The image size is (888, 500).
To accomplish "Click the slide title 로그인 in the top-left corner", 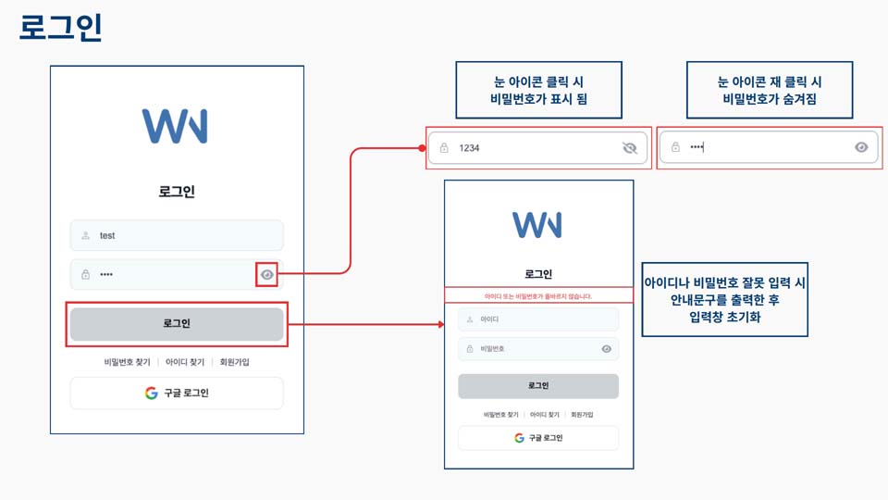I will (x=60, y=28).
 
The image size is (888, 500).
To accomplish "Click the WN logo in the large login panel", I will (x=175, y=126).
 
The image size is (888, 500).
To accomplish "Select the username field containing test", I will (x=177, y=235).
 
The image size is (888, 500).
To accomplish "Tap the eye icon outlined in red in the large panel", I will (x=267, y=274).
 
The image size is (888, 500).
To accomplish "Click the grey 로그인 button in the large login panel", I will (x=177, y=324).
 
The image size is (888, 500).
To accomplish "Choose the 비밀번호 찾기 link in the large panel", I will (x=127, y=362).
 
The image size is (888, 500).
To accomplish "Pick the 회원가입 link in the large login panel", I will (x=230, y=362).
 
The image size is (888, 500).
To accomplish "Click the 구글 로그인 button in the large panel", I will (x=177, y=393).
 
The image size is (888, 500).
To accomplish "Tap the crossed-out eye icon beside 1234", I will (x=631, y=147).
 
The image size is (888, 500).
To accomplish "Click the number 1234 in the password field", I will (x=469, y=148).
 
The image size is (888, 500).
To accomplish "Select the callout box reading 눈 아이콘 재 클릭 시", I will (x=770, y=90).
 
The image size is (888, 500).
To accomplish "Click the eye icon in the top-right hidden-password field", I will (x=861, y=147).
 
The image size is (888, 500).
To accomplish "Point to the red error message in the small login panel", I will (x=538, y=296).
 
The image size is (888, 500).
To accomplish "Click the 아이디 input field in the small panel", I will (x=538, y=319).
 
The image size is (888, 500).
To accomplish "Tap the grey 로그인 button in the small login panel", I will (x=538, y=386).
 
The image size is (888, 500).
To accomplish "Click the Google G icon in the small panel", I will (x=520, y=438).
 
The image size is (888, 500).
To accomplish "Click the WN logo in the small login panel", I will (x=537, y=224).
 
